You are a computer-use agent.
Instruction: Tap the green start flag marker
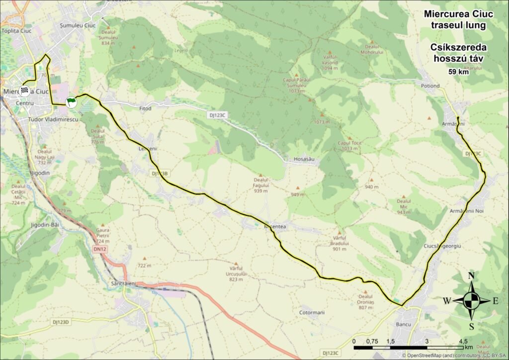tap(71, 101)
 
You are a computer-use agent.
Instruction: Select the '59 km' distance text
tap(458, 72)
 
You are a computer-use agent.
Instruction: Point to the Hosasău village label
tap(305, 159)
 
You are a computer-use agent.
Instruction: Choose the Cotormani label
tap(312, 313)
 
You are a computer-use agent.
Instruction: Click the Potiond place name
tap(430, 86)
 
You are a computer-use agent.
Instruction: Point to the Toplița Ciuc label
tap(18, 31)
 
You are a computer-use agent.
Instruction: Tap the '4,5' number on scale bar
tap(463, 341)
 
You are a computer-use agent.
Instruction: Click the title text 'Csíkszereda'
tap(458, 47)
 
